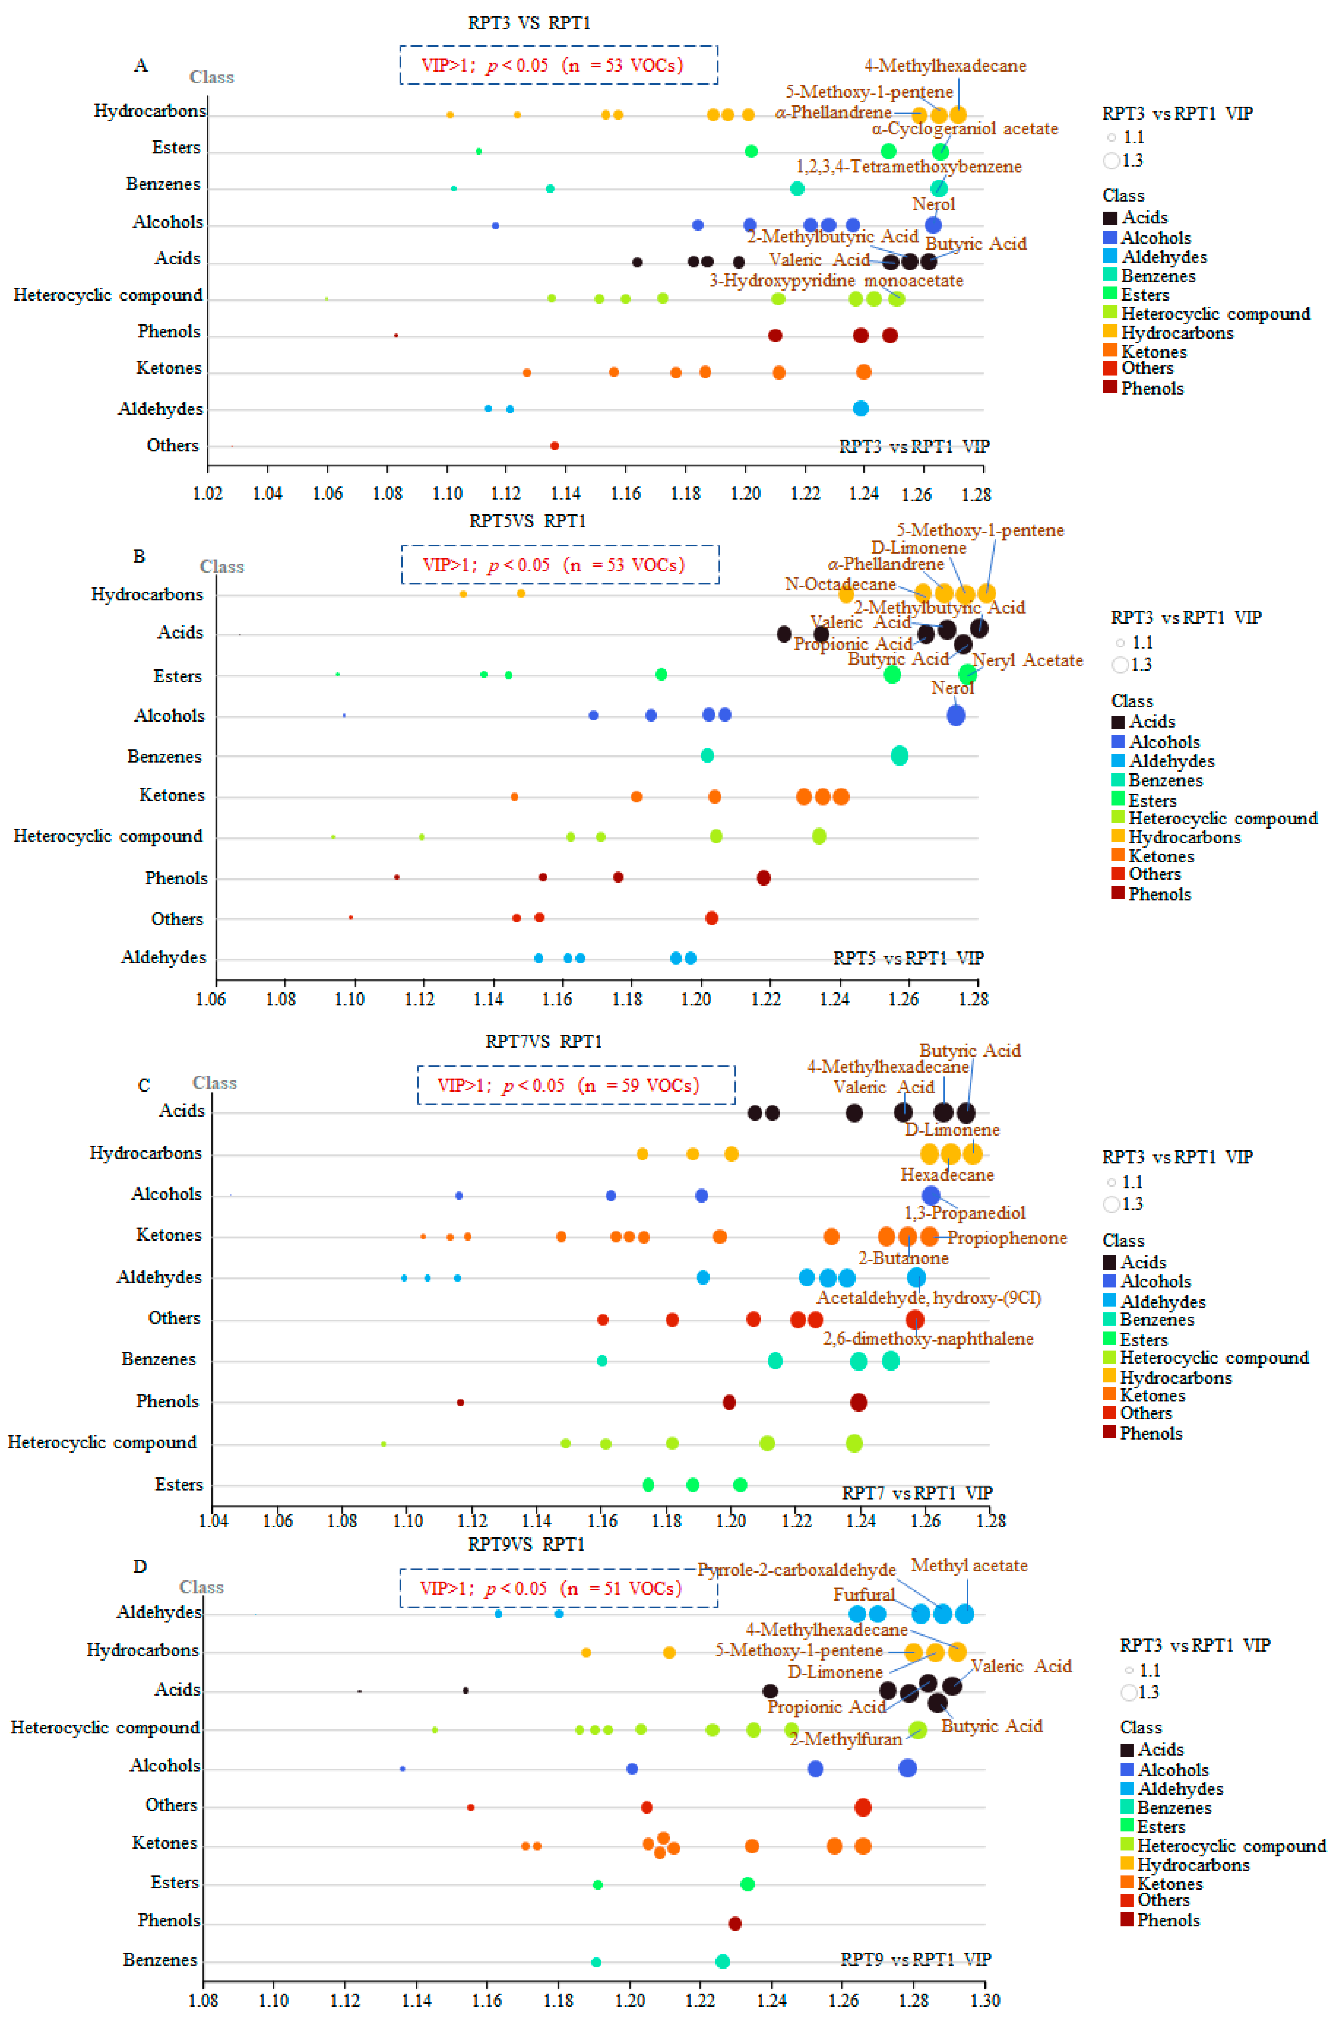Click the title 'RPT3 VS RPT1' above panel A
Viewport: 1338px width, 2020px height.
[529, 22]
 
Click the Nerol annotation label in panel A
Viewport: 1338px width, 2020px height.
[934, 204]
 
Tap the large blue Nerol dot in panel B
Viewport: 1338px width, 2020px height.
[956, 715]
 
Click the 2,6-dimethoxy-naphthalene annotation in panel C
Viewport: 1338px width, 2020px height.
[928, 1338]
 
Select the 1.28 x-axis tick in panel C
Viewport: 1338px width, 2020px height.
[991, 1520]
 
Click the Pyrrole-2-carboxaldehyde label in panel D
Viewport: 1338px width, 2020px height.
[797, 1570]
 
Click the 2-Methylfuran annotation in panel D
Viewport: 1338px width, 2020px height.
[846, 1738]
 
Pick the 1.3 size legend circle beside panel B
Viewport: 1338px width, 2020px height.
[1121, 665]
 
